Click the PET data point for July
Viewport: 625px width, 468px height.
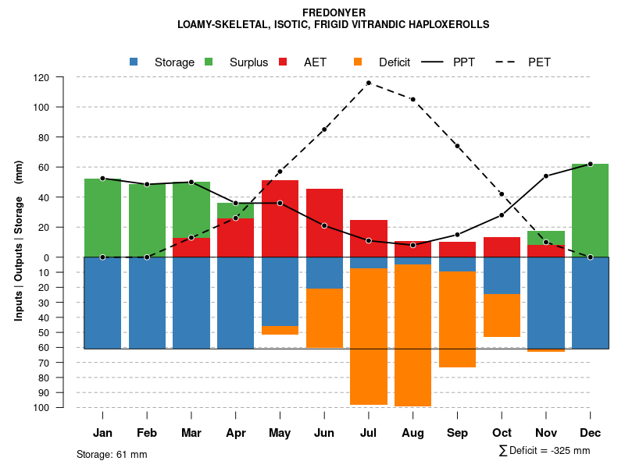369,83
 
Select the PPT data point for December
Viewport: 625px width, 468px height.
590,164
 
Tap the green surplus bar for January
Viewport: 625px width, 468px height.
102,218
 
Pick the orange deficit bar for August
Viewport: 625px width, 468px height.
412,335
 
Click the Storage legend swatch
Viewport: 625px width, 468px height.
134,62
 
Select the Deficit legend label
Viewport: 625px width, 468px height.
395,62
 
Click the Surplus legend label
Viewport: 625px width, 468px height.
248,62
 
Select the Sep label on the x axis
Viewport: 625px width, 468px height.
457,433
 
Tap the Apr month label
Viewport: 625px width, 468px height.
235,433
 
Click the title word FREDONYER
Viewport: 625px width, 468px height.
334,12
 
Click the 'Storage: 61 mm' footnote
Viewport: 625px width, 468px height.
112,454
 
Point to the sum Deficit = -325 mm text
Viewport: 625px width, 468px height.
544,450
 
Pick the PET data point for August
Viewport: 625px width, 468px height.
412,99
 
